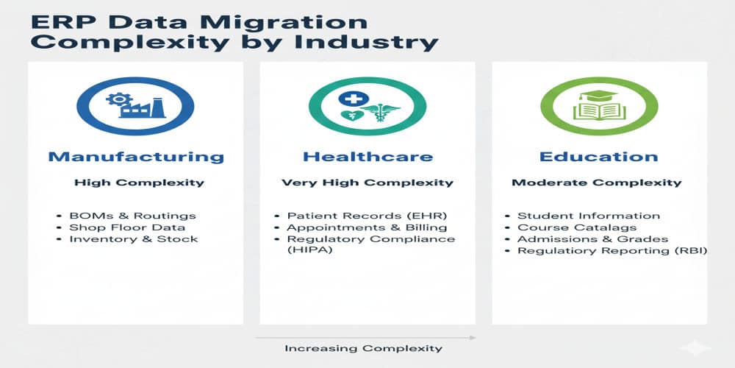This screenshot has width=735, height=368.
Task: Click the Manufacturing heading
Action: [x=136, y=157]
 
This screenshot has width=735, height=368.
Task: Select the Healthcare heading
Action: [x=367, y=157]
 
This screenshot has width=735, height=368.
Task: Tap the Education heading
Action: [x=599, y=157]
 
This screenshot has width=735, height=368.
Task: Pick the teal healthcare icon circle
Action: [x=367, y=106]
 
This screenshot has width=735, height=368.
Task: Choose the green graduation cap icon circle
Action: [x=599, y=106]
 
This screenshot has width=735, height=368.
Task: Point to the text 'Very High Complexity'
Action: [x=367, y=183]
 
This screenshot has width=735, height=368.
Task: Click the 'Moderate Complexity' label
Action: [x=597, y=183]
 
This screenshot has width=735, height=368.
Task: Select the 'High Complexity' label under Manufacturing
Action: [x=139, y=183]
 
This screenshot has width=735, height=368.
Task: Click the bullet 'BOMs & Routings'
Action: [x=132, y=216]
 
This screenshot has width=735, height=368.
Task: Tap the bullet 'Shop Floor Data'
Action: [x=127, y=227]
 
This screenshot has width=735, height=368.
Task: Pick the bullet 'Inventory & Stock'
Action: [x=134, y=239]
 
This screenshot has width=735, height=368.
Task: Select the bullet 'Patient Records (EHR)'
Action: [x=367, y=216]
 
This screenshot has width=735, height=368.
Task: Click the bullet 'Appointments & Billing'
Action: [x=367, y=227]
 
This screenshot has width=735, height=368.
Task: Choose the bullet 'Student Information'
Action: [x=588, y=216]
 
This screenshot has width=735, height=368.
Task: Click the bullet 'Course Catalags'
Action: [x=577, y=227]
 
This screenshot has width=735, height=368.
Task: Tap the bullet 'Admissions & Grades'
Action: [x=592, y=239]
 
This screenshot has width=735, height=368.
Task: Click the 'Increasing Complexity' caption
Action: [x=364, y=348]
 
